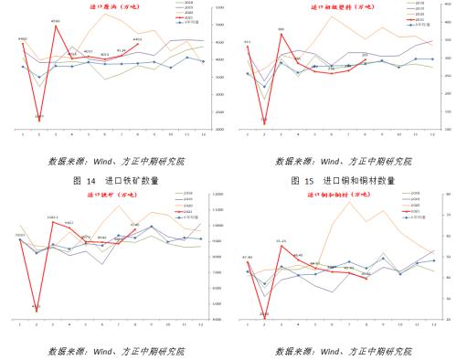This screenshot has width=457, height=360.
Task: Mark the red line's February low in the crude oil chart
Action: [x=39, y=117]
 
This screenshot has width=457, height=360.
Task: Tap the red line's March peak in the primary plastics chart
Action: [x=282, y=33]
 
